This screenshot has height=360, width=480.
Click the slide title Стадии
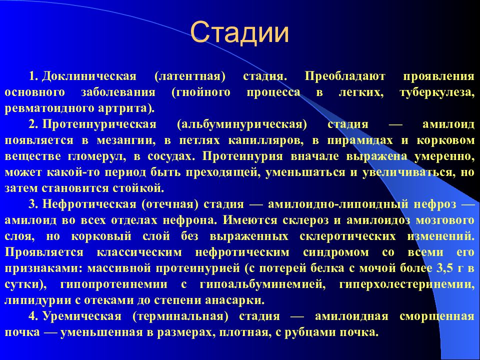240,33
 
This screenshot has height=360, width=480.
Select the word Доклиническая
89,77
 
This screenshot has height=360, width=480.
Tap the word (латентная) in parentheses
190,77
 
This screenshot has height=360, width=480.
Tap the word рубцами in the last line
305,332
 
